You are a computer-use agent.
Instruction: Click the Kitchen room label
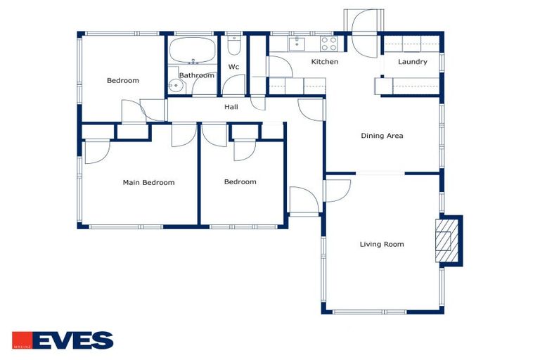(325, 62)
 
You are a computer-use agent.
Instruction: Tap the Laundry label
(412, 62)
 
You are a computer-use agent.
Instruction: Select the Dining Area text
(382, 136)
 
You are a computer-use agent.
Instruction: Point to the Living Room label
(382, 245)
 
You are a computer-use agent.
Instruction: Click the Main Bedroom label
(148, 183)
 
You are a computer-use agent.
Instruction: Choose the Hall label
(231, 108)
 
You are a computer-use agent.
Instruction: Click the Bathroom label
(196, 75)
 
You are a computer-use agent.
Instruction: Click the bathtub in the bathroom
(193, 51)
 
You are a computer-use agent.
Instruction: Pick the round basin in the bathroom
(175, 86)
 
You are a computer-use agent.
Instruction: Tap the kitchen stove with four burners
(329, 44)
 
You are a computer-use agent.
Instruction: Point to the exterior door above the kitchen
(364, 32)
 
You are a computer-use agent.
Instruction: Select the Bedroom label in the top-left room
(123, 81)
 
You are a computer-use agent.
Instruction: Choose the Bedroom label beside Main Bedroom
(240, 182)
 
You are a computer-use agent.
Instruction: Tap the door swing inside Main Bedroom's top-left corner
(96, 151)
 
